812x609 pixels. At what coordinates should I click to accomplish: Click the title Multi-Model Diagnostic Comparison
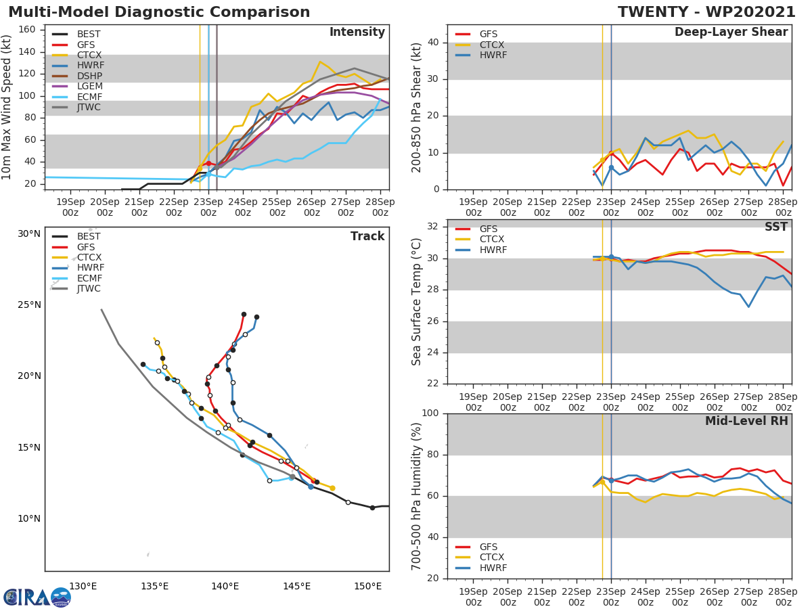159,12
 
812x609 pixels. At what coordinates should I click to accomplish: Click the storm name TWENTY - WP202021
706,12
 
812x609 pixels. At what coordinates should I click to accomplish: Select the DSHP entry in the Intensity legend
90,76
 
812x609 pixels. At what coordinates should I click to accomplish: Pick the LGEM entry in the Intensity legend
90,87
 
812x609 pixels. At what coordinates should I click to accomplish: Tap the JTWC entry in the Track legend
89,288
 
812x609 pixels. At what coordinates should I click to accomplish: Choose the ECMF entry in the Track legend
89,278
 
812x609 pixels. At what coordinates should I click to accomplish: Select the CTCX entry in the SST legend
492,240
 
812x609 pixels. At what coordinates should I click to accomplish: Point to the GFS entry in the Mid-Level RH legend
492,547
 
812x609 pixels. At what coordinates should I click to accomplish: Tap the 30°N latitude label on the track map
29,233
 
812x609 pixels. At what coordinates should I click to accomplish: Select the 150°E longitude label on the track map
368,586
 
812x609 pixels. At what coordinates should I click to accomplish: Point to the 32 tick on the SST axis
436,227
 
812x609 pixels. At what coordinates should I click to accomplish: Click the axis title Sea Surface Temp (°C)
417,302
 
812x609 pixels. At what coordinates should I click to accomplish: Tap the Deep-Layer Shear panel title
731,32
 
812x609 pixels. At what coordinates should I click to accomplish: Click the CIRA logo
37,597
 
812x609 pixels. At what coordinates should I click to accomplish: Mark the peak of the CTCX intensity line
320,62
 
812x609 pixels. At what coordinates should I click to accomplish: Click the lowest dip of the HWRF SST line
748,307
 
